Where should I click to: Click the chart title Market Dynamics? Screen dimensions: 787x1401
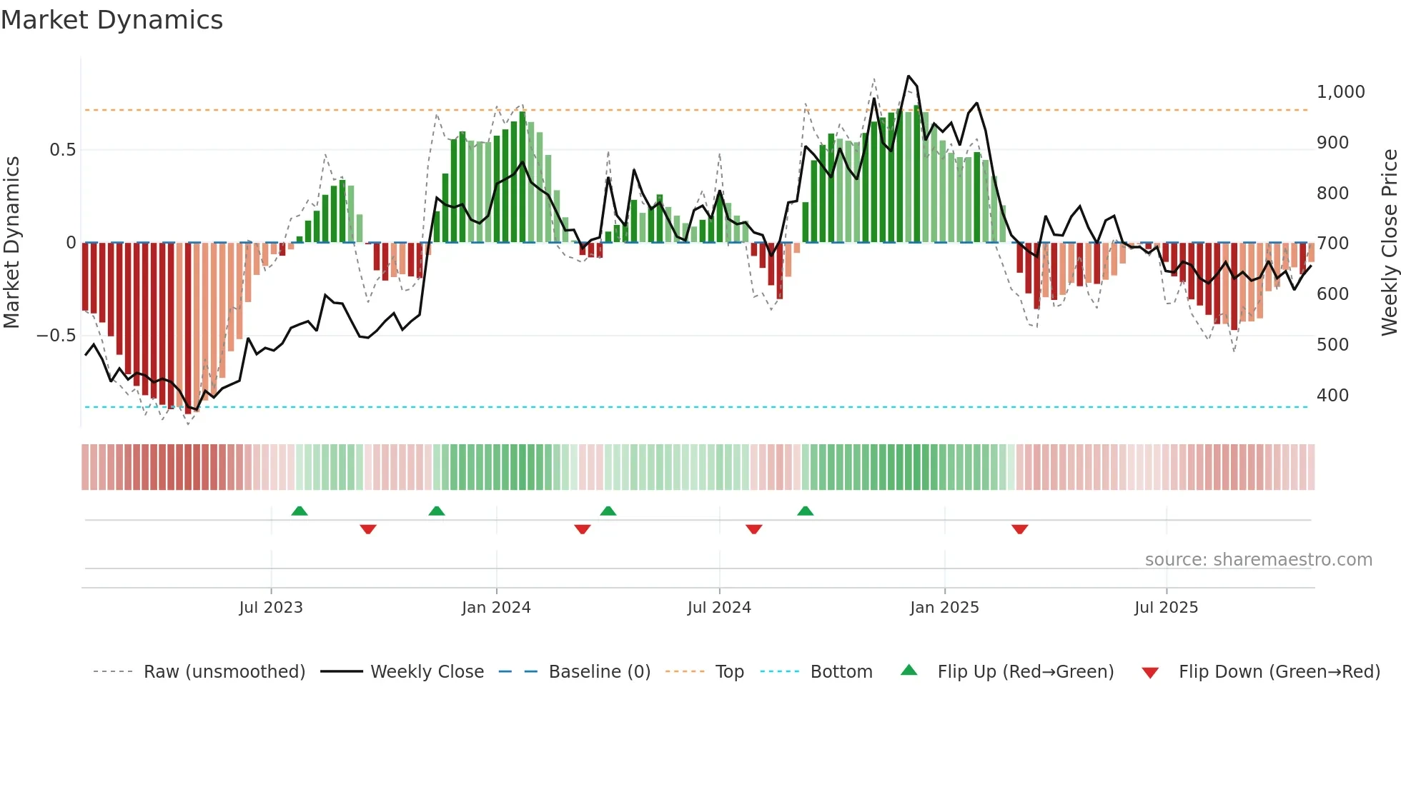point(112,20)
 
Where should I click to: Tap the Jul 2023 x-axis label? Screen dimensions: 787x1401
point(271,608)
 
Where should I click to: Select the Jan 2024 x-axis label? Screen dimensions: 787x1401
point(496,608)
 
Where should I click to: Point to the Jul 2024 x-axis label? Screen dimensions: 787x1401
point(719,608)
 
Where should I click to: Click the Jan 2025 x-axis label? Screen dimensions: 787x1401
point(944,608)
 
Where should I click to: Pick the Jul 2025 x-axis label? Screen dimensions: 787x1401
point(1166,608)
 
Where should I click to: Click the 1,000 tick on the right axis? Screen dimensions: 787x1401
point(1340,92)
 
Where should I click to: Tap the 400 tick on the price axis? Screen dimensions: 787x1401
point(1332,396)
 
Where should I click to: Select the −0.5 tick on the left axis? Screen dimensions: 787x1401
point(56,336)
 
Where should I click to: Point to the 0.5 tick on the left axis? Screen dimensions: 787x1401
point(62,150)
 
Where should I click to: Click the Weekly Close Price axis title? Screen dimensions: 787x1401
point(1389,243)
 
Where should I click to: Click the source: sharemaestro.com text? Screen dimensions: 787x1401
point(1258,560)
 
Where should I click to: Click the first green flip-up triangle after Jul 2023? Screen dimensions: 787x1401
point(299,511)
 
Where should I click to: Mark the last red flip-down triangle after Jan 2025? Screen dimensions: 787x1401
point(1019,529)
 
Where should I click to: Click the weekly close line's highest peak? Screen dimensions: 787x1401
point(909,76)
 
